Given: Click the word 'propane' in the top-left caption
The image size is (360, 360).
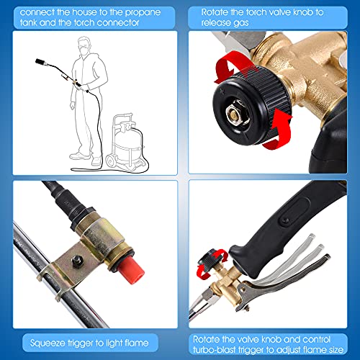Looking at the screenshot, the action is coord(143,12).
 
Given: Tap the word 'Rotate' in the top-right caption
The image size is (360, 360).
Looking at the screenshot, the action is coord(215,12).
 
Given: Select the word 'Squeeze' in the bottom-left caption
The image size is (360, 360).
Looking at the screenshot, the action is coord(48,343).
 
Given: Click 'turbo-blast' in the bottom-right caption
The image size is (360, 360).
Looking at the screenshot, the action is coord(214,350).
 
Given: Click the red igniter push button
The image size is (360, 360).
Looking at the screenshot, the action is coord(131,269).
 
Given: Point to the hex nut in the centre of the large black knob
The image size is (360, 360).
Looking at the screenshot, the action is coord(238,113).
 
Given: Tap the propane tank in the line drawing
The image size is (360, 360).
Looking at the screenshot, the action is coord(127,142).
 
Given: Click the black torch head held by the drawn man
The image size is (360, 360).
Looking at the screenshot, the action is coord(40,62).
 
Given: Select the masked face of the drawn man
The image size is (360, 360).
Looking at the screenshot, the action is coord(84,48).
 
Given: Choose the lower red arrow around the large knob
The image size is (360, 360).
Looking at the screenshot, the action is coord(279,130).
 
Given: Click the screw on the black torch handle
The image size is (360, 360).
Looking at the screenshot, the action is coord(285,220).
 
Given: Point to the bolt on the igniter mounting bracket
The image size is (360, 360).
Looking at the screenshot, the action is coord(77,261).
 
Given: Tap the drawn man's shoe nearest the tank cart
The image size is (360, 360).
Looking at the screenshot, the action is coord(96,161).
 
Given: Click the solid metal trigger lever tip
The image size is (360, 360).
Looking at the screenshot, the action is coord(326,258).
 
